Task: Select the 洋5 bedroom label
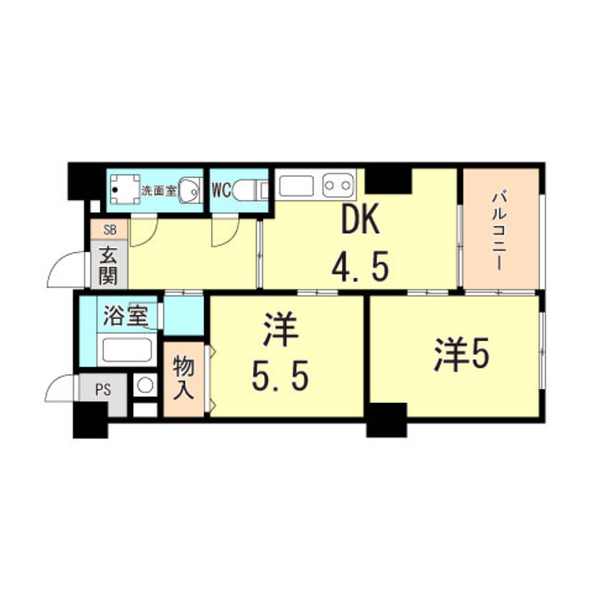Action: coord(459,355)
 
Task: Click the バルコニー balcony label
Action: coord(498,228)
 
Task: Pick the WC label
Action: coord(221,191)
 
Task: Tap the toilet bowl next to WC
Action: coord(249,191)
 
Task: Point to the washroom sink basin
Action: coord(188,191)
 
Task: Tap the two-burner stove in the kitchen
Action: coord(339,184)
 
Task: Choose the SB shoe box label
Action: coord(109,229)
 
